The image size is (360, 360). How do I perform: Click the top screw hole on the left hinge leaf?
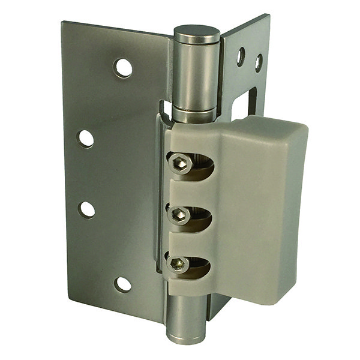coord(123,68)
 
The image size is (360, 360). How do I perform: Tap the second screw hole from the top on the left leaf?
coord(86,139)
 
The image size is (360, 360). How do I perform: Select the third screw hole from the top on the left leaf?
coord(88,209)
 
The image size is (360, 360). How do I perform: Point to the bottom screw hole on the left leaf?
coord(123,284)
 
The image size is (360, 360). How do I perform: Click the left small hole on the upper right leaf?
coord(241,56)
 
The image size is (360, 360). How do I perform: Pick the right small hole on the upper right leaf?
coord(258,62)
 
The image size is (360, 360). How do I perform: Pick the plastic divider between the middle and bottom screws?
coord(190,240)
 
